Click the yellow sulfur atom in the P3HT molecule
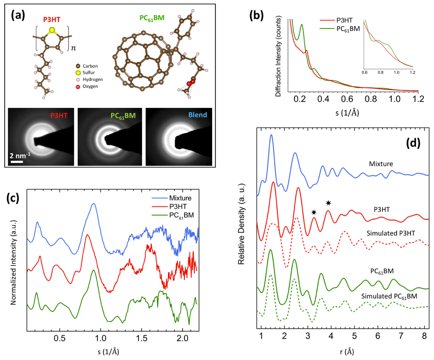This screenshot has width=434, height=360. tap(52, 30)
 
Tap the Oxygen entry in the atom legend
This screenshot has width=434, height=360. tap(93, 87)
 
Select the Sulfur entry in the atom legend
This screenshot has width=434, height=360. tap(92, 73)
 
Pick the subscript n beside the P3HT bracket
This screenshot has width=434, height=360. tap(73, 48)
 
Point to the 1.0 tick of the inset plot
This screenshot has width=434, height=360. tap(397, 73)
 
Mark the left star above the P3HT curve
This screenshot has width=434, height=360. tap(314, 212)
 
